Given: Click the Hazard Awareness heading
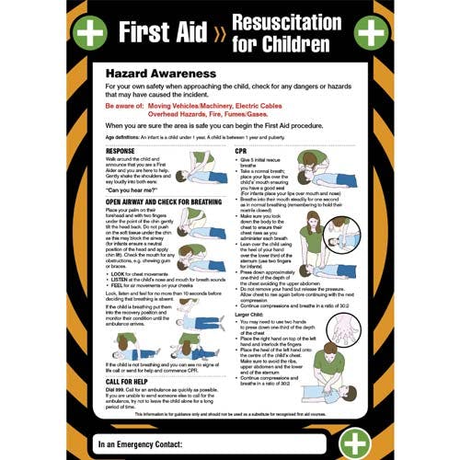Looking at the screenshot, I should pyautogui.click(x=161, y=71).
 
